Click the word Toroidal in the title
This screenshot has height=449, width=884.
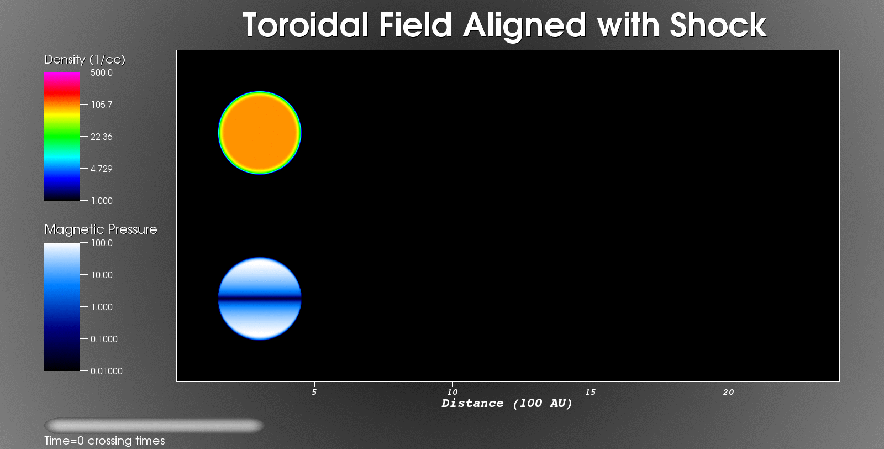tap(306, 25)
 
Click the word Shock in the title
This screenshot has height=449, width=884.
tap(718, 25)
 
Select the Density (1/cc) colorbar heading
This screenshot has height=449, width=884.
tap(85, 60)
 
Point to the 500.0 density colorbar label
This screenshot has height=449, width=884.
tap(102, 72)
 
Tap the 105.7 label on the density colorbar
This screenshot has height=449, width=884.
tap(102, 105)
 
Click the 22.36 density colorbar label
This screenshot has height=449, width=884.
tap(102, 137)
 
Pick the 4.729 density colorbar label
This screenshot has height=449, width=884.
tap(102, 169)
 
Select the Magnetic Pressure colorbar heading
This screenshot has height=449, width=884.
tap(101, 229)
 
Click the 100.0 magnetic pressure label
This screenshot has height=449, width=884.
tap(102, 243)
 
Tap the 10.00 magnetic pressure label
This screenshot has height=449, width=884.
tap(102, 275)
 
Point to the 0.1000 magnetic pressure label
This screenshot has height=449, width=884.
tap(104, 339)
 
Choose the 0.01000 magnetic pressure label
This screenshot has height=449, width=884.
tap(107, 371)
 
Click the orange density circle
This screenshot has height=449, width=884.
tap(260, 133)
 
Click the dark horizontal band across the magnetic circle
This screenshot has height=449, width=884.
tap(260, 299)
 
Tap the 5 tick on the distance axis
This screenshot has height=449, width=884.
tap(314, 392)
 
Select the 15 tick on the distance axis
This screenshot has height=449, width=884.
tap(591, 392)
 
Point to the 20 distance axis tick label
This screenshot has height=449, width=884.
tap(729, 392)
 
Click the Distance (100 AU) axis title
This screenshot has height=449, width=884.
tap(507, 404)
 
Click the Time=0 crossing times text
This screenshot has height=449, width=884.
tap(104, 441)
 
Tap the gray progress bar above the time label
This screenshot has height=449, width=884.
tap(154, 425)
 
